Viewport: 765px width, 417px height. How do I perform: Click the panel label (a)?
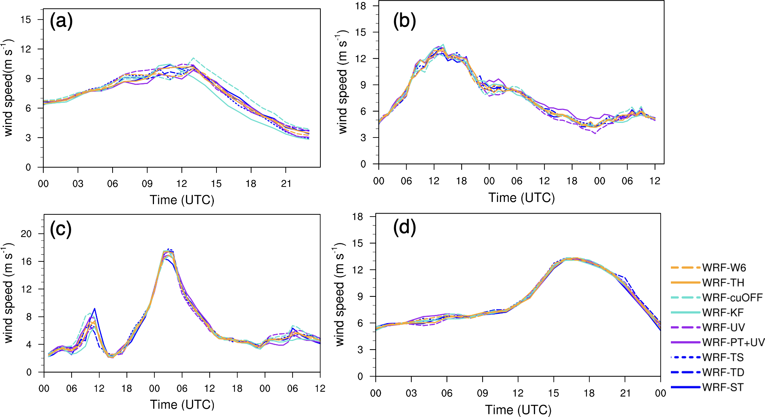pos(61,21)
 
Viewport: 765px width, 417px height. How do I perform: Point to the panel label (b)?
pos(404,20)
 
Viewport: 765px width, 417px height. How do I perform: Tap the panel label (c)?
pos(61,229)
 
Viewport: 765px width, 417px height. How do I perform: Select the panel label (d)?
pos(404,227)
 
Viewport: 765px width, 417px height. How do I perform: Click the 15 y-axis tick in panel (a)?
pos(26,20)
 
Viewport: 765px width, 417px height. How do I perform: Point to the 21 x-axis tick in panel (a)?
pos(286,184)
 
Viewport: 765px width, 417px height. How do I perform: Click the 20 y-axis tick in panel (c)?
pos(26,234)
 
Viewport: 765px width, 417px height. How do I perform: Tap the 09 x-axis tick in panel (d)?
pos(482,393)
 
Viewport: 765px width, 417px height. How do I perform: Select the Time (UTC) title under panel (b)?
pos(521,198)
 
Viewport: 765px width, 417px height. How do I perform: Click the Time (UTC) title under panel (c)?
pos(182,405)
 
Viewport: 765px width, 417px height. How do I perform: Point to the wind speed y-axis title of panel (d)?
pos(340,295)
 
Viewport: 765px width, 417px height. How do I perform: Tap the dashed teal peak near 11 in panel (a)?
pos(193,58)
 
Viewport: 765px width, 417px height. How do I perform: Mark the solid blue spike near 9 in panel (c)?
pos(94,309)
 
